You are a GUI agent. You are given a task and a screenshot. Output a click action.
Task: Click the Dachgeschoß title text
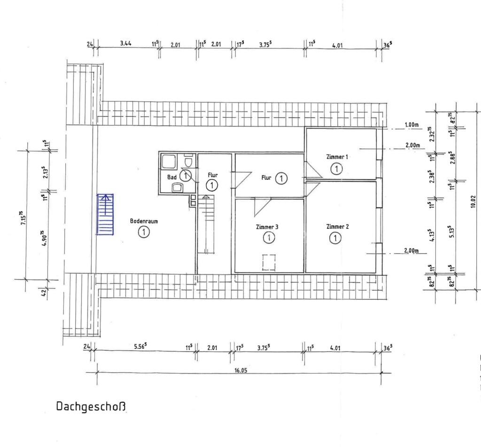[91, 407]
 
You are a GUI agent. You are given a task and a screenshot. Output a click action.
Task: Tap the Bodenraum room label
[144, 221]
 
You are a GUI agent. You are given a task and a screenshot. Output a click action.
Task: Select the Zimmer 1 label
[337, 157]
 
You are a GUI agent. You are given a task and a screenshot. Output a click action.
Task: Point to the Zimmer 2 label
[337, 227]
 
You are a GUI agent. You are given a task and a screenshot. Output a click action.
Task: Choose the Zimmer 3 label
[267, 227]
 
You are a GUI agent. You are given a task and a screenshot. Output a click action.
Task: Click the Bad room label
[172, 177]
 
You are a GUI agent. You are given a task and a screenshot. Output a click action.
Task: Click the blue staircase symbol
[105, 215]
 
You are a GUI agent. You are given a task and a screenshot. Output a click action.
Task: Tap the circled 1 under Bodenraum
[144, 232]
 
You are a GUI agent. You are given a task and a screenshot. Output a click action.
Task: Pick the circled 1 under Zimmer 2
[335, 238]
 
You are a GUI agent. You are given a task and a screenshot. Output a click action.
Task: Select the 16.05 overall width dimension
[241, 370]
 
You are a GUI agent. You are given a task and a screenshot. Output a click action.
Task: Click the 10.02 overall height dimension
[473, 201]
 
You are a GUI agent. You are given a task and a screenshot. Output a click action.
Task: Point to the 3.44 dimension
[126, 43]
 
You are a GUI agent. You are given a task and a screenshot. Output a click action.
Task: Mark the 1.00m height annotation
[411, 125]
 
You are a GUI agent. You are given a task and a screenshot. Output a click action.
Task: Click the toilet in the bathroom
[189, 161]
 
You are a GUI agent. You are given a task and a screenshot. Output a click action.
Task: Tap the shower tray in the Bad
[169, 161]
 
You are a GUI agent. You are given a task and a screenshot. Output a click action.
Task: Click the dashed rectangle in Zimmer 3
[269, 263]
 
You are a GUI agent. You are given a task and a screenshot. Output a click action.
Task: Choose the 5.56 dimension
[140, 346]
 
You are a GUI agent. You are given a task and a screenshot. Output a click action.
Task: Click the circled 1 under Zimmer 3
[269, 238]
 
